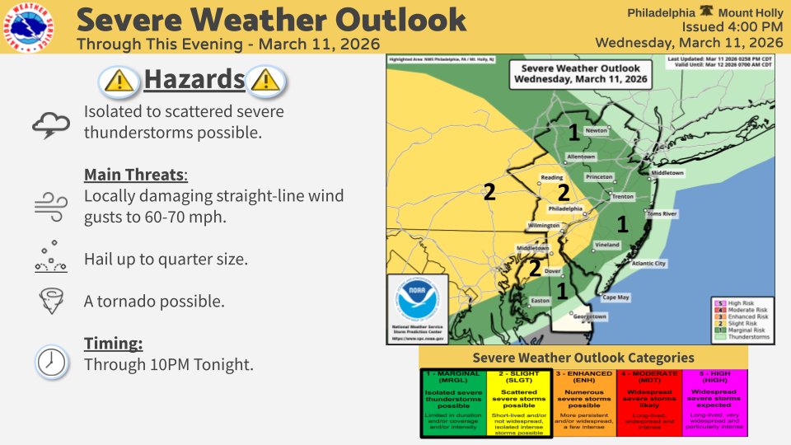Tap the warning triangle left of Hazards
point(119,80)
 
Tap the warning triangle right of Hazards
point(267,80)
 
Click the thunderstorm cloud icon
point(50,124)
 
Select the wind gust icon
point(50,204)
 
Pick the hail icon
point(50,257)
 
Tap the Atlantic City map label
point(648,264)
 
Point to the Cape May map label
point(616,297)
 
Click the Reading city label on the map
point(551,177)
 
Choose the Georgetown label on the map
point(590,316)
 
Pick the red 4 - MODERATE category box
point(649,402)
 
